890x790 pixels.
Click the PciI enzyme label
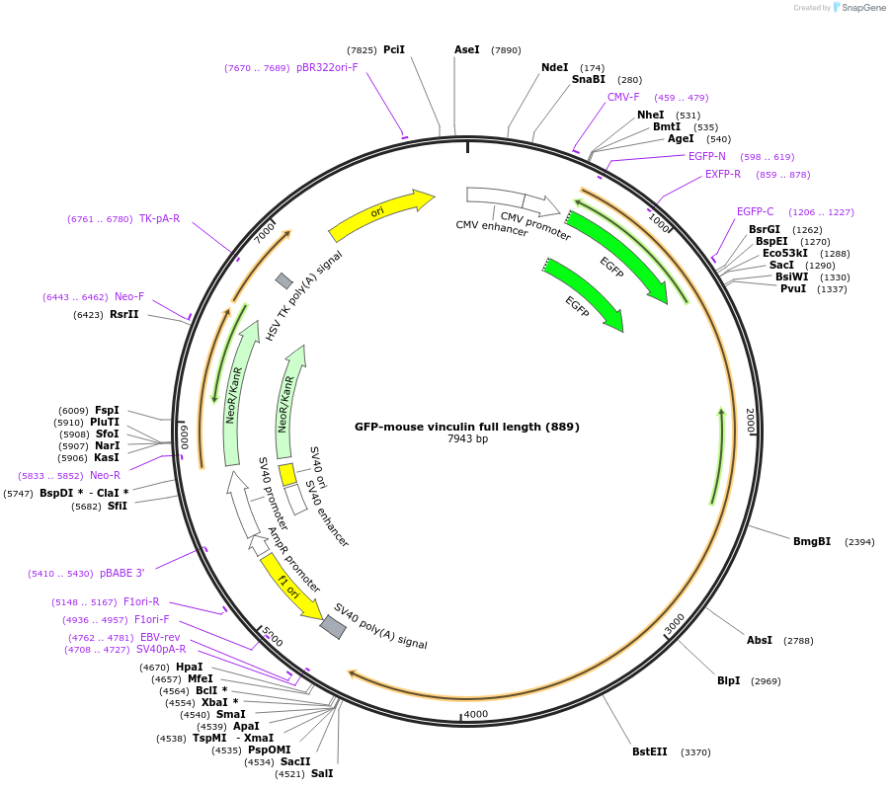[394, 49]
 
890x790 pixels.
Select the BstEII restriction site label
[649, 751]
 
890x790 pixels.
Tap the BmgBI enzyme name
[812, 541]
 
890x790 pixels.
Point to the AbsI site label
[760, 640]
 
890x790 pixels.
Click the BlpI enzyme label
[729, 680]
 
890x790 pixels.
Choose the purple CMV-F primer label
[623, 97]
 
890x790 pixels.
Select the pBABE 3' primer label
[121, 573]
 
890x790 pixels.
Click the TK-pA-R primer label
[159, 218]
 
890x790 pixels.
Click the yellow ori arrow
[380, 214]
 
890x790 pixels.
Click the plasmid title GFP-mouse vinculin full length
[467, 427]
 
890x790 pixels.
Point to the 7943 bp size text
[467, 439]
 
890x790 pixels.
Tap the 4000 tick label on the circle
[476, 713]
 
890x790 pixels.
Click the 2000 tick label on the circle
[750, 422]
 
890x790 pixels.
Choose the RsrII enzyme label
[124, 315]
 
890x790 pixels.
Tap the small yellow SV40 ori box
[287, 475]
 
